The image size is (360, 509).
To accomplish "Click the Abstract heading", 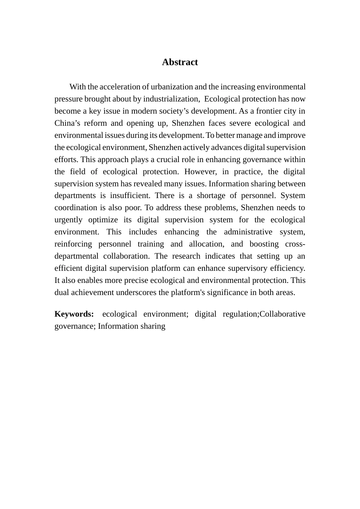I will [180, 62].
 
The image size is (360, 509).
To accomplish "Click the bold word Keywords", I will [74, 314].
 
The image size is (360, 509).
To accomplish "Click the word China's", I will [66, 123].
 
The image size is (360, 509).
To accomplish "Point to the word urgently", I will [68, 220].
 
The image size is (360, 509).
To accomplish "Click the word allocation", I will [207, 244].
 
